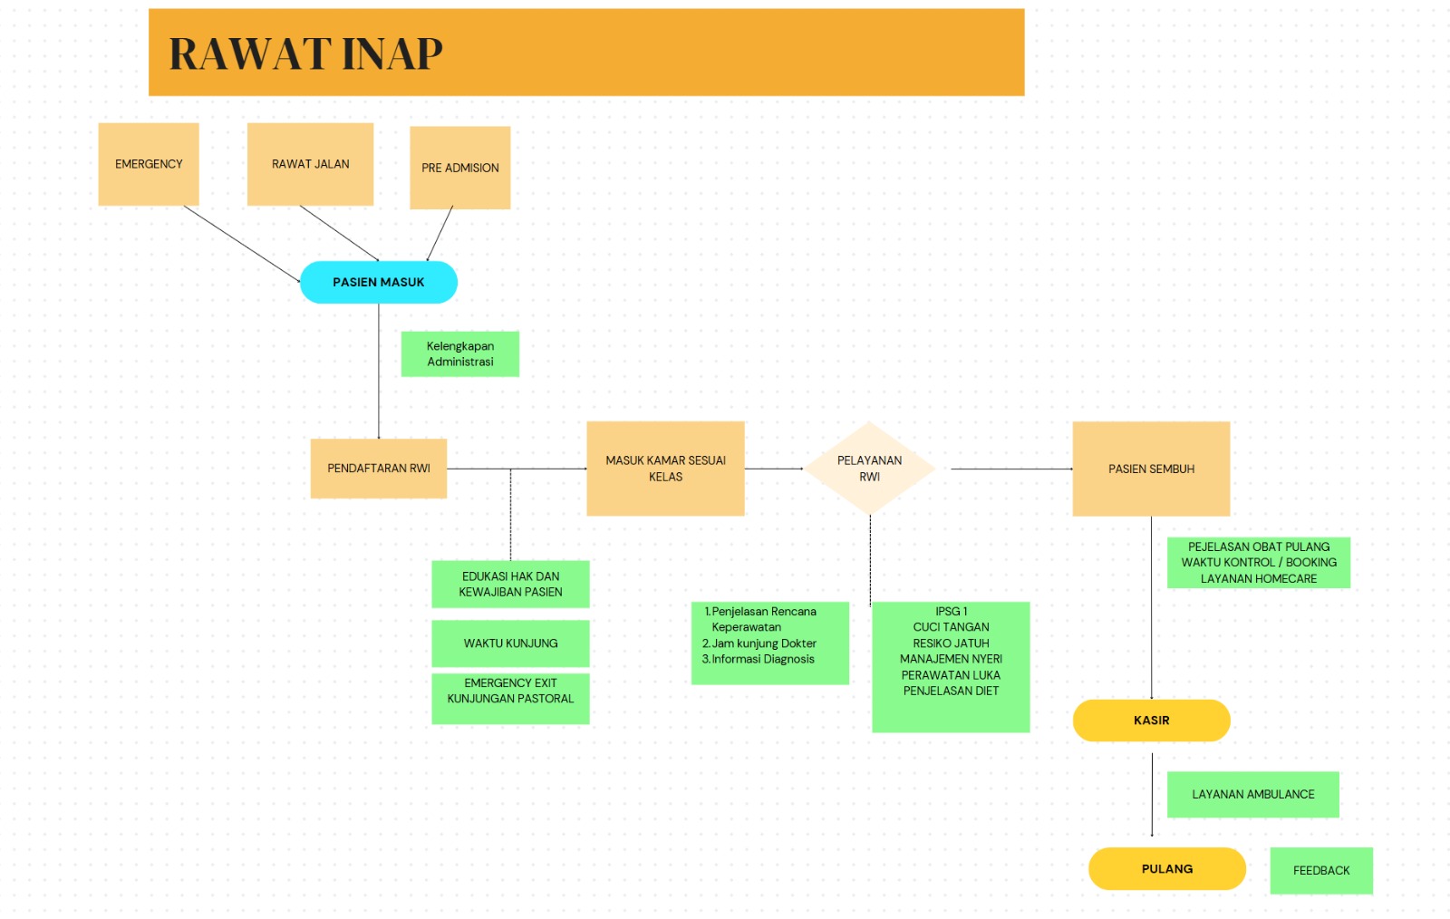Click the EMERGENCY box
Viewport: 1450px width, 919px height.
coord(149,164)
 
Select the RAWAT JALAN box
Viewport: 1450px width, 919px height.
coord(310,164)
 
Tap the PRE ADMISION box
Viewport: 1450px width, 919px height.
coord(459,168)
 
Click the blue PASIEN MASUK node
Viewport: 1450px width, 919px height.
coord(378,282)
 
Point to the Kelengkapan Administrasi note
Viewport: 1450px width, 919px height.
coord(459,353)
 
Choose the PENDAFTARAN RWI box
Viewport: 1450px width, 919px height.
coord(378,469)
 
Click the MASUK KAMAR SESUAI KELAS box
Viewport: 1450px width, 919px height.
coord(665,469)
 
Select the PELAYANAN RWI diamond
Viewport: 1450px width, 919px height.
coord(869,469)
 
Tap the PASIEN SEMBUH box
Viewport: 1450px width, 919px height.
coord(1151,469)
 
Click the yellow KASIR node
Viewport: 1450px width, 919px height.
coord(1151,721)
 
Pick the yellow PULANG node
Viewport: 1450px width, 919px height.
coord(1166,869)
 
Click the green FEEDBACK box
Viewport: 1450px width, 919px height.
coord(1320,870)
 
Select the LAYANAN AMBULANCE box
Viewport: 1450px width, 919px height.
coord(1252,794)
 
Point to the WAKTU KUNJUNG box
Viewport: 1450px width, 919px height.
coord(510,643)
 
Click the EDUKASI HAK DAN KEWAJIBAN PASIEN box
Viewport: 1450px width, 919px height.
coord(510,584)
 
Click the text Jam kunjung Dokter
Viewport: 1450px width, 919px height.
coord(763,643)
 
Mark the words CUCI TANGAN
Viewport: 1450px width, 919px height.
coord(951,627)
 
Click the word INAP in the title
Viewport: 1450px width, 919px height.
coord(391,53)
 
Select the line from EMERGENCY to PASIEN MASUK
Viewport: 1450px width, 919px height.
coord(241,244)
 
